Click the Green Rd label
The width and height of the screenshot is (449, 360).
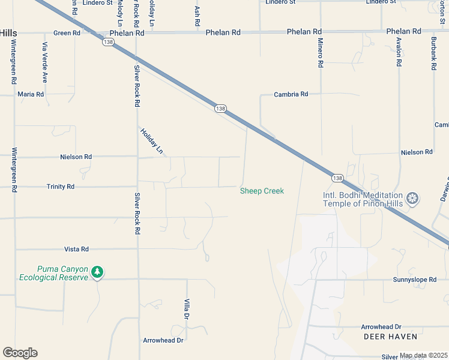(67, 33)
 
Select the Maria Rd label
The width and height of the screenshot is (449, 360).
(31, 94)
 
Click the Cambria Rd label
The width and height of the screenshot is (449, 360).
(291, 94)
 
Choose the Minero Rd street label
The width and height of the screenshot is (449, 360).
(321, 55)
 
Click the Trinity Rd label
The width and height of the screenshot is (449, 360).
(61, 187)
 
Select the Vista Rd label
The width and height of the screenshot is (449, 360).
(76, 249)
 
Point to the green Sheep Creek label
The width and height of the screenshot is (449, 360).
(262, 191)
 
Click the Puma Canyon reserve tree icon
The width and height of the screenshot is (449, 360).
(97, 273)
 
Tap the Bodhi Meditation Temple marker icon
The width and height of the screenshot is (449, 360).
(412, 198)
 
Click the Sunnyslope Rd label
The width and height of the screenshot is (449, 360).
(414, 280)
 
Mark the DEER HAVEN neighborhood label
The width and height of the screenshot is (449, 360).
(390, 337)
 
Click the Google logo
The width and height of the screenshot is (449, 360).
(20, 353)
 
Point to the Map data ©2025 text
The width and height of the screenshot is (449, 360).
(424, 355)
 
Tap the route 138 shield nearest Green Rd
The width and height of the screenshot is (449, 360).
(108, 42)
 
